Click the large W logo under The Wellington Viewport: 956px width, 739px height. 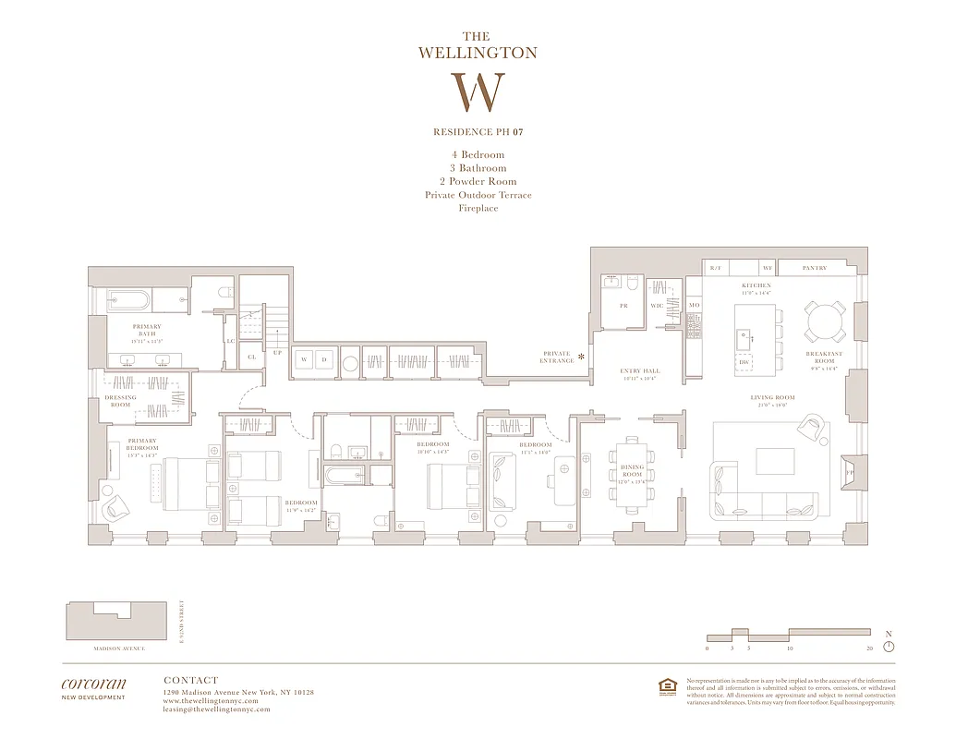(x=478, y=92)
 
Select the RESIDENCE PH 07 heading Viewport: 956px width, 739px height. (x=478, y=132)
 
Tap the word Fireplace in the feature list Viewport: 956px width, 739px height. (x=478, y=208)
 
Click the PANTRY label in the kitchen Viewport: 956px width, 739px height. (x=814, y=268)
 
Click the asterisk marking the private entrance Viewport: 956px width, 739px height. (x=582, y=356)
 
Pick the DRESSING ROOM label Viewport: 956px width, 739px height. (x=120, y=401)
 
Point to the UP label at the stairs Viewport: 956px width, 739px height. (x=277, y=352)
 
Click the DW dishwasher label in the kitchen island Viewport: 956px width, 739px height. (x=744, y=362)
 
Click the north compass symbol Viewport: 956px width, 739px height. (x=889, y=646)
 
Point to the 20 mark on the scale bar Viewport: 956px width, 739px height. (x=869, y=649)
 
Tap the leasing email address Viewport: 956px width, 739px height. (x=216, y=709)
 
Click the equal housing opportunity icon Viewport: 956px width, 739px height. (x=666, y=685)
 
